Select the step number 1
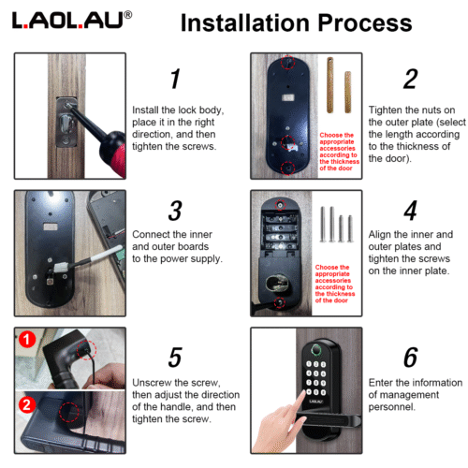tap(173, 79)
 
